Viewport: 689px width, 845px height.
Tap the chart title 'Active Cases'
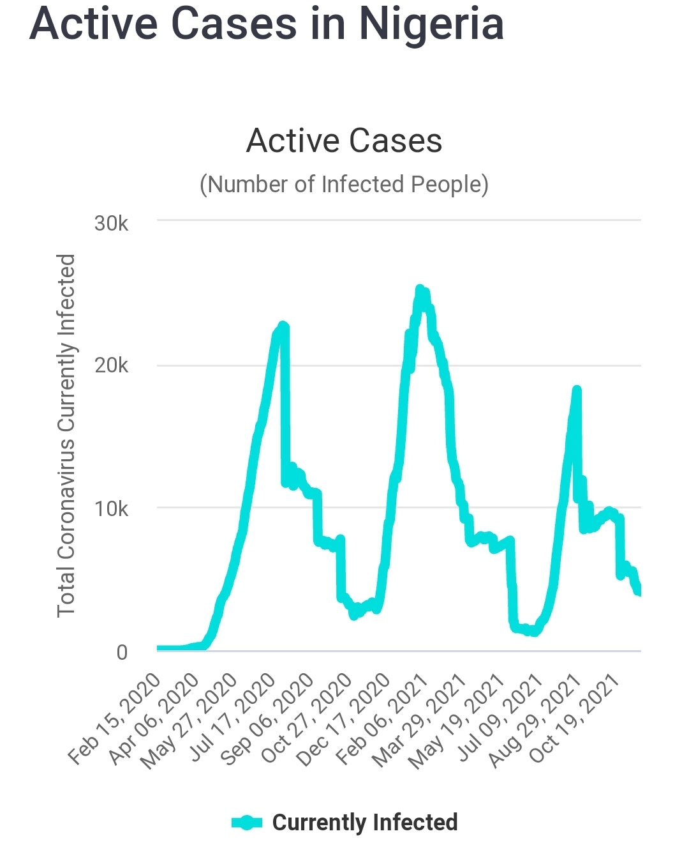coord(344,141)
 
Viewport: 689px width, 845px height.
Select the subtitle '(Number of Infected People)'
coord(344,184)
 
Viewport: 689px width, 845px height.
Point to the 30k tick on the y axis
coord(111,223)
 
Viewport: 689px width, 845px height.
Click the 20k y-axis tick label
coord(111,365)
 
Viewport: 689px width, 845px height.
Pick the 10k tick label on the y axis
coord(111,508)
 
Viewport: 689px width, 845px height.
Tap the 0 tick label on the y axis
coord(122,652)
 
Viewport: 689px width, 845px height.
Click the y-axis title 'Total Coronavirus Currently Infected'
coord(66,435)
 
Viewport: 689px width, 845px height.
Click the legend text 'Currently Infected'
coord(365,822)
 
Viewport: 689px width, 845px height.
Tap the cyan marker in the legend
coord(247,823)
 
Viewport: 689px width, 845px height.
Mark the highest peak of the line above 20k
coord(420,290)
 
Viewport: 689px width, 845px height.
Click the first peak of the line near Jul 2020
coord(283,326)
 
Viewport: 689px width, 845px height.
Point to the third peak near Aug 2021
coord(577,390)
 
